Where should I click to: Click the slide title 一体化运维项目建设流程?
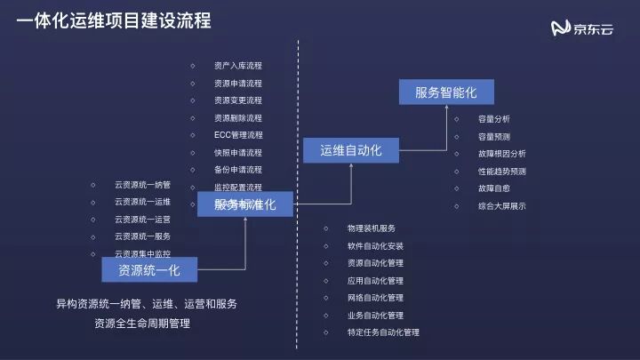tap(114, 20)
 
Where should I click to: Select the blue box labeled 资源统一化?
tap(148, 268)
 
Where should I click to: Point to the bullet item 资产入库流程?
tap(238, 66)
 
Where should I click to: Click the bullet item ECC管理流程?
tap(238, 135)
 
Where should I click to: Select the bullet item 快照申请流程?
tap(238, 152)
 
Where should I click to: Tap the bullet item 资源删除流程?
tap(238, 117)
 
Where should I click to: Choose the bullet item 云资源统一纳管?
tap(142, 185)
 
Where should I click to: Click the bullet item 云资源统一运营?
tap(142, 219)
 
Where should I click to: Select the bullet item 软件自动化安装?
tap(375, 246)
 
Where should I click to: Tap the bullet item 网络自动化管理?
tap(375, 298)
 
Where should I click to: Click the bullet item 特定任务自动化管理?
tap(383, 332)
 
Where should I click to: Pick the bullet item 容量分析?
tap(493, 119)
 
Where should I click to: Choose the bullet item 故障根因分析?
tap(501, 153)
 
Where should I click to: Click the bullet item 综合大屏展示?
tap(501, 205)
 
